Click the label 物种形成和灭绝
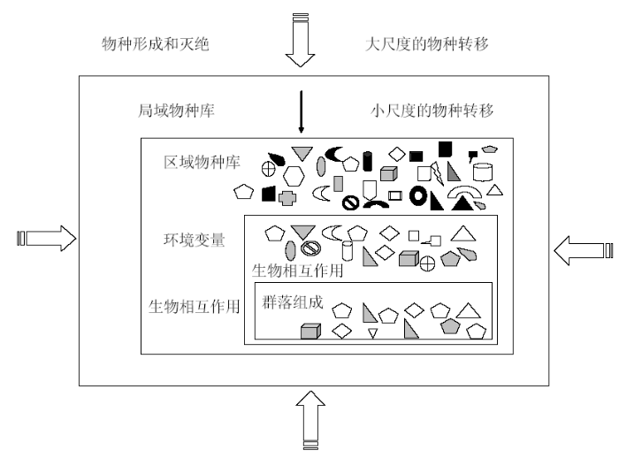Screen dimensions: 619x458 (x=155, y=44)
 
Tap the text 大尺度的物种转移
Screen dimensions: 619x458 (x=427, y=44)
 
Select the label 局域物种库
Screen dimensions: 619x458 (x=176, y=111)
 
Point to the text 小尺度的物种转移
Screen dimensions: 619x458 (x=432, y=111)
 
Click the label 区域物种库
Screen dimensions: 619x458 (x=202, y=163)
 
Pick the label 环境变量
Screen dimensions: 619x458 (x=195, y=240)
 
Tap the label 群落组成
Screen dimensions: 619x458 (x=293, y=302)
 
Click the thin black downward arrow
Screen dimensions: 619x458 (x=302, y=111)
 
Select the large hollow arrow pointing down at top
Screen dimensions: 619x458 (x=300, y=41)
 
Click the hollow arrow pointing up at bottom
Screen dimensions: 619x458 (x=310, y=420)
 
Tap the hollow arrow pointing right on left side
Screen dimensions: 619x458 (x=47, y=239)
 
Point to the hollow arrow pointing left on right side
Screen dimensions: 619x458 (x=584, y=251)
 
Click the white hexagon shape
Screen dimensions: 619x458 (x=294, y=176)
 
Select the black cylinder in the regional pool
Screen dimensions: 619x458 (x=368, y=161)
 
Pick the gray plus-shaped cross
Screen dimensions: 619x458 (x=287, y=198)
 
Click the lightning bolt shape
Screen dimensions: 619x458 (x=437, y=173)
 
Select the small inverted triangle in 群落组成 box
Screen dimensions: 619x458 (x=372, y=332)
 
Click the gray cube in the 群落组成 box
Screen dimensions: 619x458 (x=310, y=332)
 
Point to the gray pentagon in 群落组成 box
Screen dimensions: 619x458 (x=450, y=326)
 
